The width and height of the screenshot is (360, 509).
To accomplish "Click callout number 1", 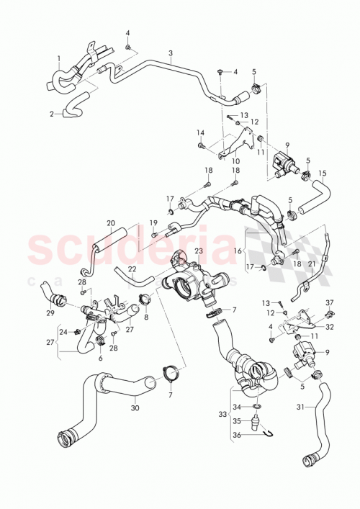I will click(x=58, y=58).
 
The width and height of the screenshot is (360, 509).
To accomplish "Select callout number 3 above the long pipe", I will click(x=171, y=53).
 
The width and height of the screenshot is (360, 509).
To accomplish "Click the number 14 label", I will click(x=201, y=132).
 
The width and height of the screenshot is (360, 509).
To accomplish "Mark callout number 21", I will click(x=311, y=264).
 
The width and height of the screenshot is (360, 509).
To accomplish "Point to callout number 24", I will click(x=63, y=332).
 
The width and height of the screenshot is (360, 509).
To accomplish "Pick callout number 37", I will click(x=330, y=302).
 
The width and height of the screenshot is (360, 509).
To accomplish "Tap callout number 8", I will click(x=146, y=317).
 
